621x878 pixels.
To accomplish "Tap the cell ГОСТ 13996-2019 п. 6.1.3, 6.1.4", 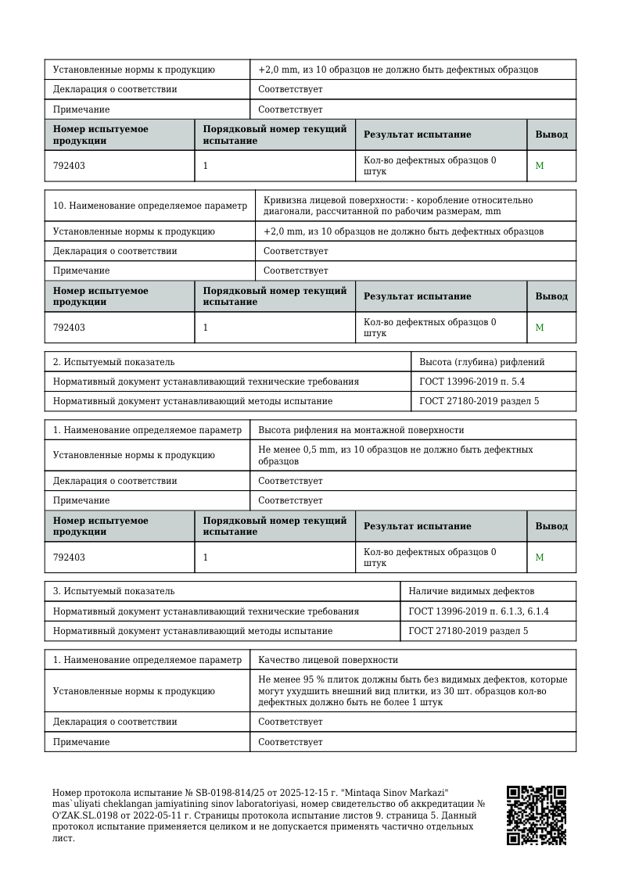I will [x=478, y=611].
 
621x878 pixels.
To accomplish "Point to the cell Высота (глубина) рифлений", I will [x=482, y=362].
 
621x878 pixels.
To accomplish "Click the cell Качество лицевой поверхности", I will [x=328, y=660].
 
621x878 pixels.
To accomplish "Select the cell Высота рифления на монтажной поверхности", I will [x=361, y=430].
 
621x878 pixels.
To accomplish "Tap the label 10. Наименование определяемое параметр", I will [x=149, y=206].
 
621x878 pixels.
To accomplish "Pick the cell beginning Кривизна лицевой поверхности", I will [x=398, y=206].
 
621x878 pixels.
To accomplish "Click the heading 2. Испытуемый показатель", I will [x=114, y=362].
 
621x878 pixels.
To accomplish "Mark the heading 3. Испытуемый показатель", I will [x=114, y=592].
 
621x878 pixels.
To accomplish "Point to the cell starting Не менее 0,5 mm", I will [x=396, y=455].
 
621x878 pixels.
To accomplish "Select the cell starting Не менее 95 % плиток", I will [x=413, y=691].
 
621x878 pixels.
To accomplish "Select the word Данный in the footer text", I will [x=458, y=816].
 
